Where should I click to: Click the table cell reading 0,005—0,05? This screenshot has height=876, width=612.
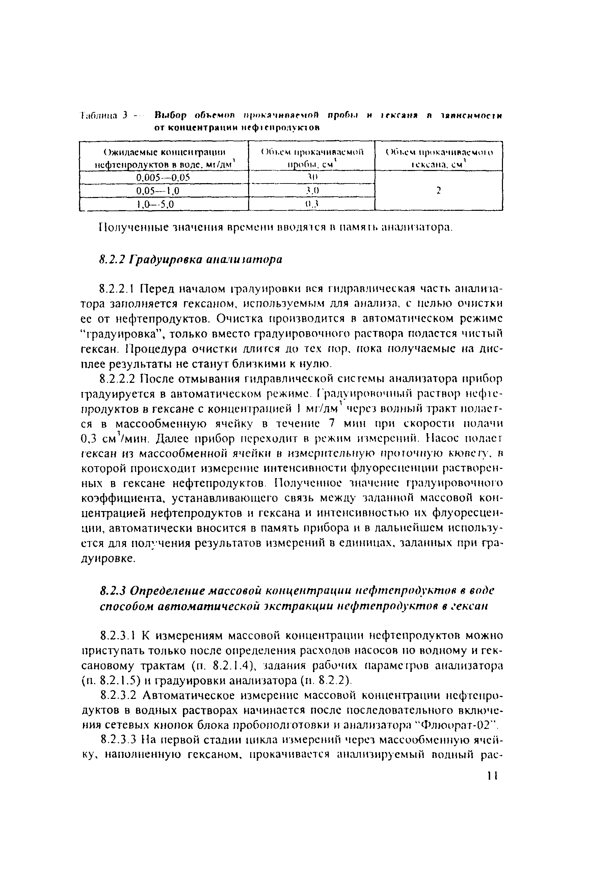(x=163, y=177)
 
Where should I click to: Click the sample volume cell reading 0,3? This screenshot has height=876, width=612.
(x=312, y=204)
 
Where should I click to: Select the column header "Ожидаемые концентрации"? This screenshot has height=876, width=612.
(x=164, y=152)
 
